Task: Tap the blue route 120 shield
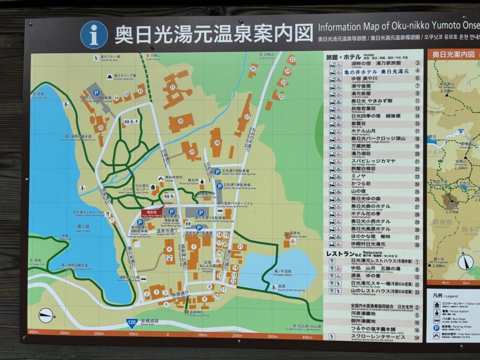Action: [x=132, y=322]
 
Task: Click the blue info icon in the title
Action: [x=94, y=35]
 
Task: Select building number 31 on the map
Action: [x=173, y=87]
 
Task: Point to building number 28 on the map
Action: [x=217, y=142]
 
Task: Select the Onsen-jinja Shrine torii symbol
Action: [x=187, y=312]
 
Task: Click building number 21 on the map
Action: [x=240, y=246]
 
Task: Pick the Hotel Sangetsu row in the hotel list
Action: [x=370, y=132]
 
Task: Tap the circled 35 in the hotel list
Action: [x=417, y=244]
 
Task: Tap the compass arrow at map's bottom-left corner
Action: [x=45, y=315]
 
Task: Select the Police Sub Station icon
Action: [x=202, y=181]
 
